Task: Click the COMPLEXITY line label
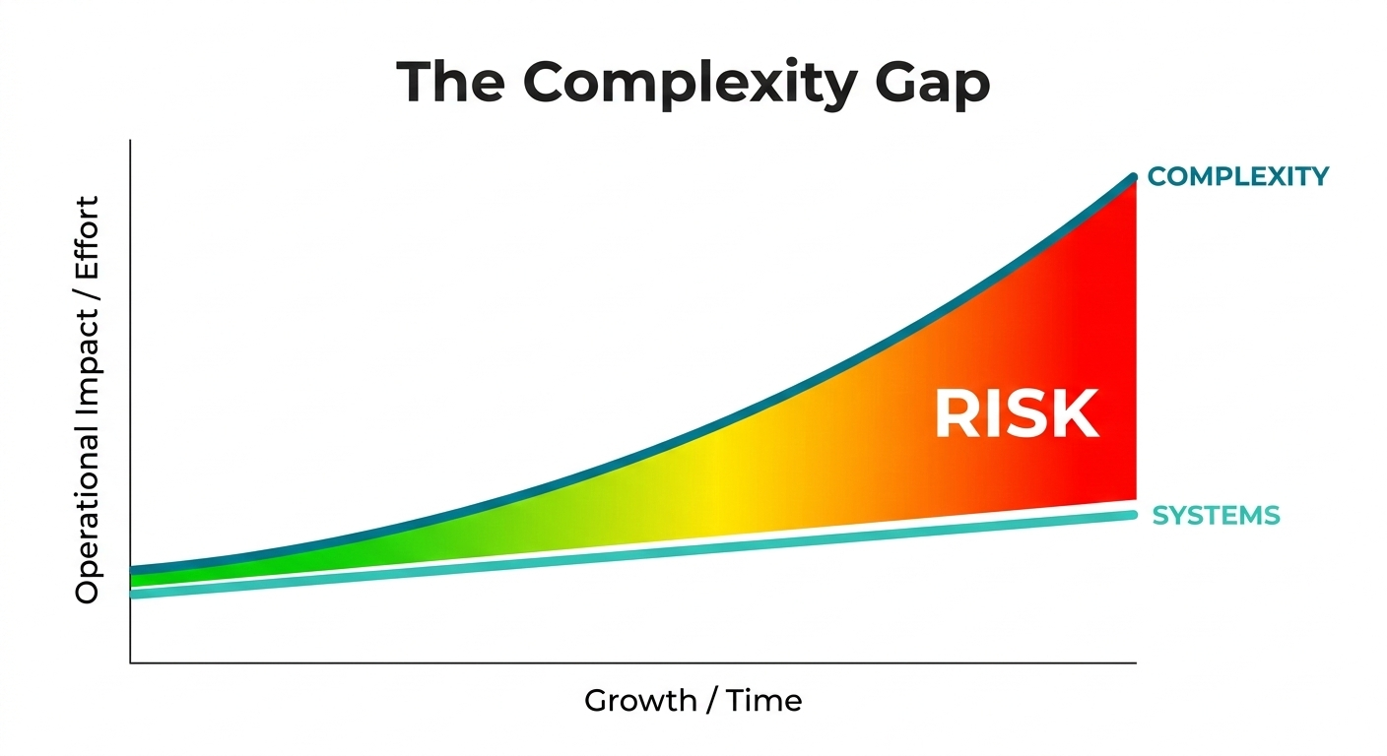tap(1238, 176)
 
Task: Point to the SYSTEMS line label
tap(1216, 515)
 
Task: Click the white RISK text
tap(1016, 414)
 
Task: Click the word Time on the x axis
tap(765, 700)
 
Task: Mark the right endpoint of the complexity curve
tap(1135, 178)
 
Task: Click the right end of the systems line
tap(1135, 515)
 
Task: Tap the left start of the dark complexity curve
tap(132, 570)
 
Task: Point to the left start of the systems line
tap(132, 594)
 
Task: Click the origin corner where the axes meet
tap(130, 662)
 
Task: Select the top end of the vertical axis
tap(130, 141)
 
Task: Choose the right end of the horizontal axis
tap(1136, 662)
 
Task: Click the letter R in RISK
tap(955, 414)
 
